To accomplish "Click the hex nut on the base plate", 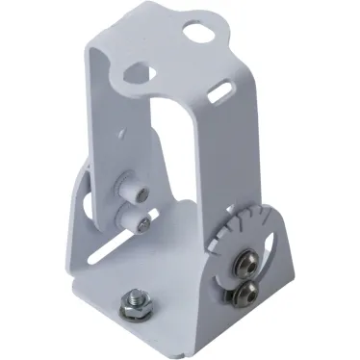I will pos(130,305).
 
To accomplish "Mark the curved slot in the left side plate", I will pos(86,206).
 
